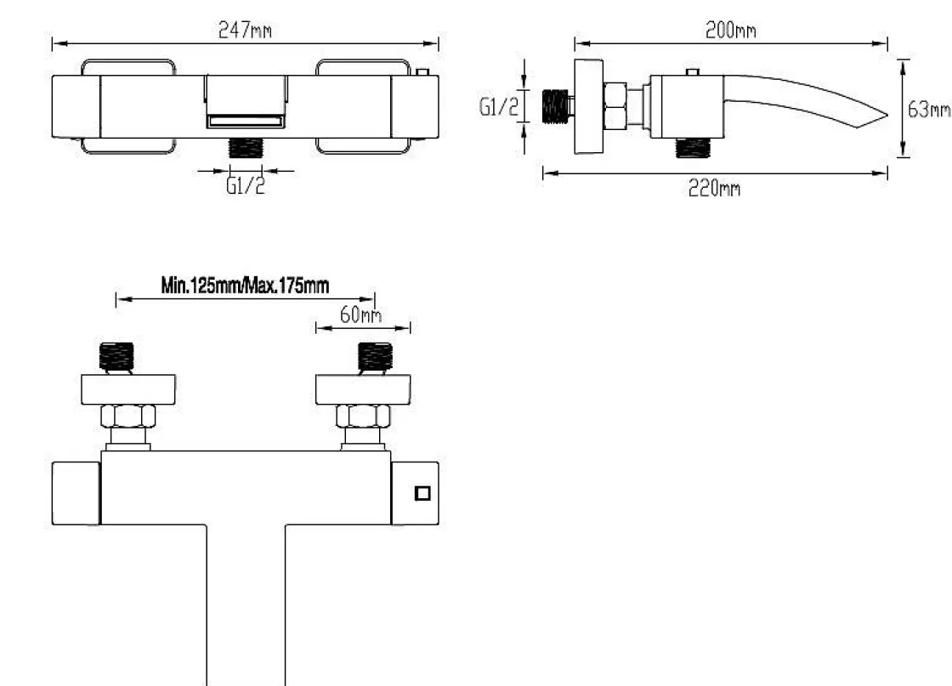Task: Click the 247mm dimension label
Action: pyautogui.click(x=245, y=31)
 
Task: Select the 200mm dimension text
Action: pyautogui.click(x=730, y=31)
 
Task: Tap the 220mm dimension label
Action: pyautogui.click(x=714, y=188)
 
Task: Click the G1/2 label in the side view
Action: pyautogui.click(x=495, y=107)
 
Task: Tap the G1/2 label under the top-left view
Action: pyautogui.click(x=246, y=185)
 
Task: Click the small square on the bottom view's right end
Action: pyautogui.click(x=422, y=493)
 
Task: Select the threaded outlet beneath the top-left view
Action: pyautogui.click(x=246, y=145)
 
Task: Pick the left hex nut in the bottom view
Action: pyautogui.click(x=127, y=417)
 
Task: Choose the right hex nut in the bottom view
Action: pyautogui.click(x=363, y=417)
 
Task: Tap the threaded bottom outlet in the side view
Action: pyautogui.click(x=694, y=147)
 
